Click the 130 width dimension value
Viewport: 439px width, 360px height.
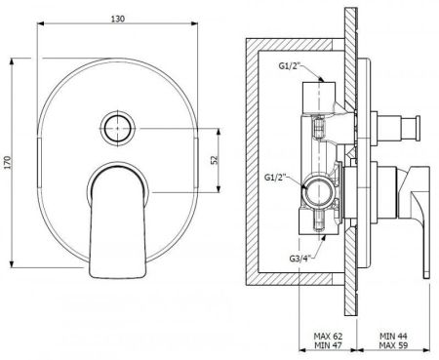118,19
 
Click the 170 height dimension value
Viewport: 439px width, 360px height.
8,163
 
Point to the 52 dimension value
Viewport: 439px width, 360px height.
215,160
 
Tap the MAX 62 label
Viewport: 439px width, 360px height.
328,336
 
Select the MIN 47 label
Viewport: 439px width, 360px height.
328,345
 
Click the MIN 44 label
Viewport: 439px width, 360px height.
393,336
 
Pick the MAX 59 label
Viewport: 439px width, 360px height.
393,345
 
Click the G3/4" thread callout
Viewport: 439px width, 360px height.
299,259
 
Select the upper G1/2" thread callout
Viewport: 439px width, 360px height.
289,65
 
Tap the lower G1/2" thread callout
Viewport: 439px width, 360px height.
275,178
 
